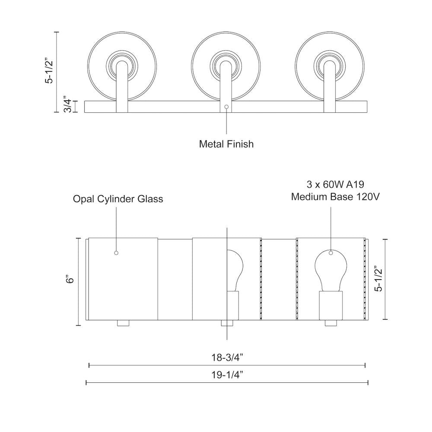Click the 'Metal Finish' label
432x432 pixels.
pyautogui.click(x=226, y=144)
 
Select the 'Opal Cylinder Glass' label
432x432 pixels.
pyautogui.click(x=118, y=199)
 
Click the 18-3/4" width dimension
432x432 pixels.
pyautogui.click(x=227, y=357)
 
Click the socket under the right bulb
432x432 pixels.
pyautogui.click(x=330, y=305)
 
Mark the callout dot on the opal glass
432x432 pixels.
pyautogui.click(x=116, y=253)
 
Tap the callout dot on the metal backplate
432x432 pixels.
pyautogui.click(x=226, y=106)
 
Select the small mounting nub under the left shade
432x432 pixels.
pyautogui.click(x=123, y=323)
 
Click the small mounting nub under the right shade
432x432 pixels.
pyautogui.click(x=330, y=323)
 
